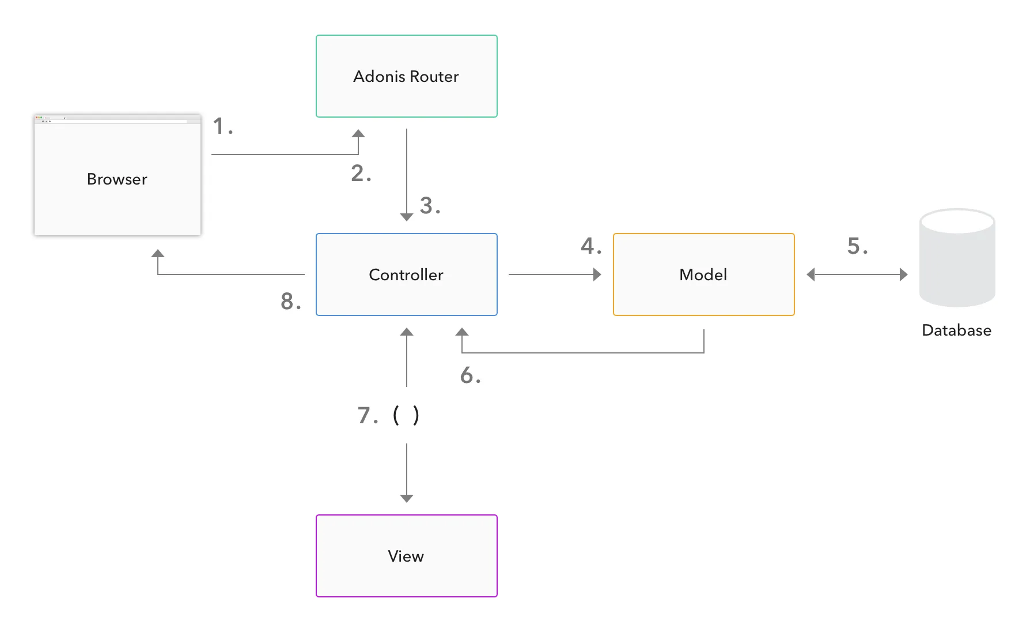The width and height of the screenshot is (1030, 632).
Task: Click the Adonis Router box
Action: click(x=406, y=76)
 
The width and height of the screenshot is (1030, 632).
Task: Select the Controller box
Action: click(x=406, y=274)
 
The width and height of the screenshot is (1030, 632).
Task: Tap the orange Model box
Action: click(x=703, y=274)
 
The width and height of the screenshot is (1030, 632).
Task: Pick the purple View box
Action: click(x=406, y=556)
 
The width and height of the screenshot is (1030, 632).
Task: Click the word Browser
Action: click(x=117, y=179)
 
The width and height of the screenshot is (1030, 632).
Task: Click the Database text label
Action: click(x=956, y=330)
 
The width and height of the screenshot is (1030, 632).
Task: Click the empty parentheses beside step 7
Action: click(x=406, y=415)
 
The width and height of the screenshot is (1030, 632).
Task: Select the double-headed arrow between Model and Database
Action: click(x=857, y=274)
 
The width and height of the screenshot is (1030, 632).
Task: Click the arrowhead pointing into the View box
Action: click(x=407, y=498)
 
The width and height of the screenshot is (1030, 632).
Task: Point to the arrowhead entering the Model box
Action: click(x=597, y=274)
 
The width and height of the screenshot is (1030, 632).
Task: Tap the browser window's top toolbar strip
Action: click(x=118, y=119)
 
